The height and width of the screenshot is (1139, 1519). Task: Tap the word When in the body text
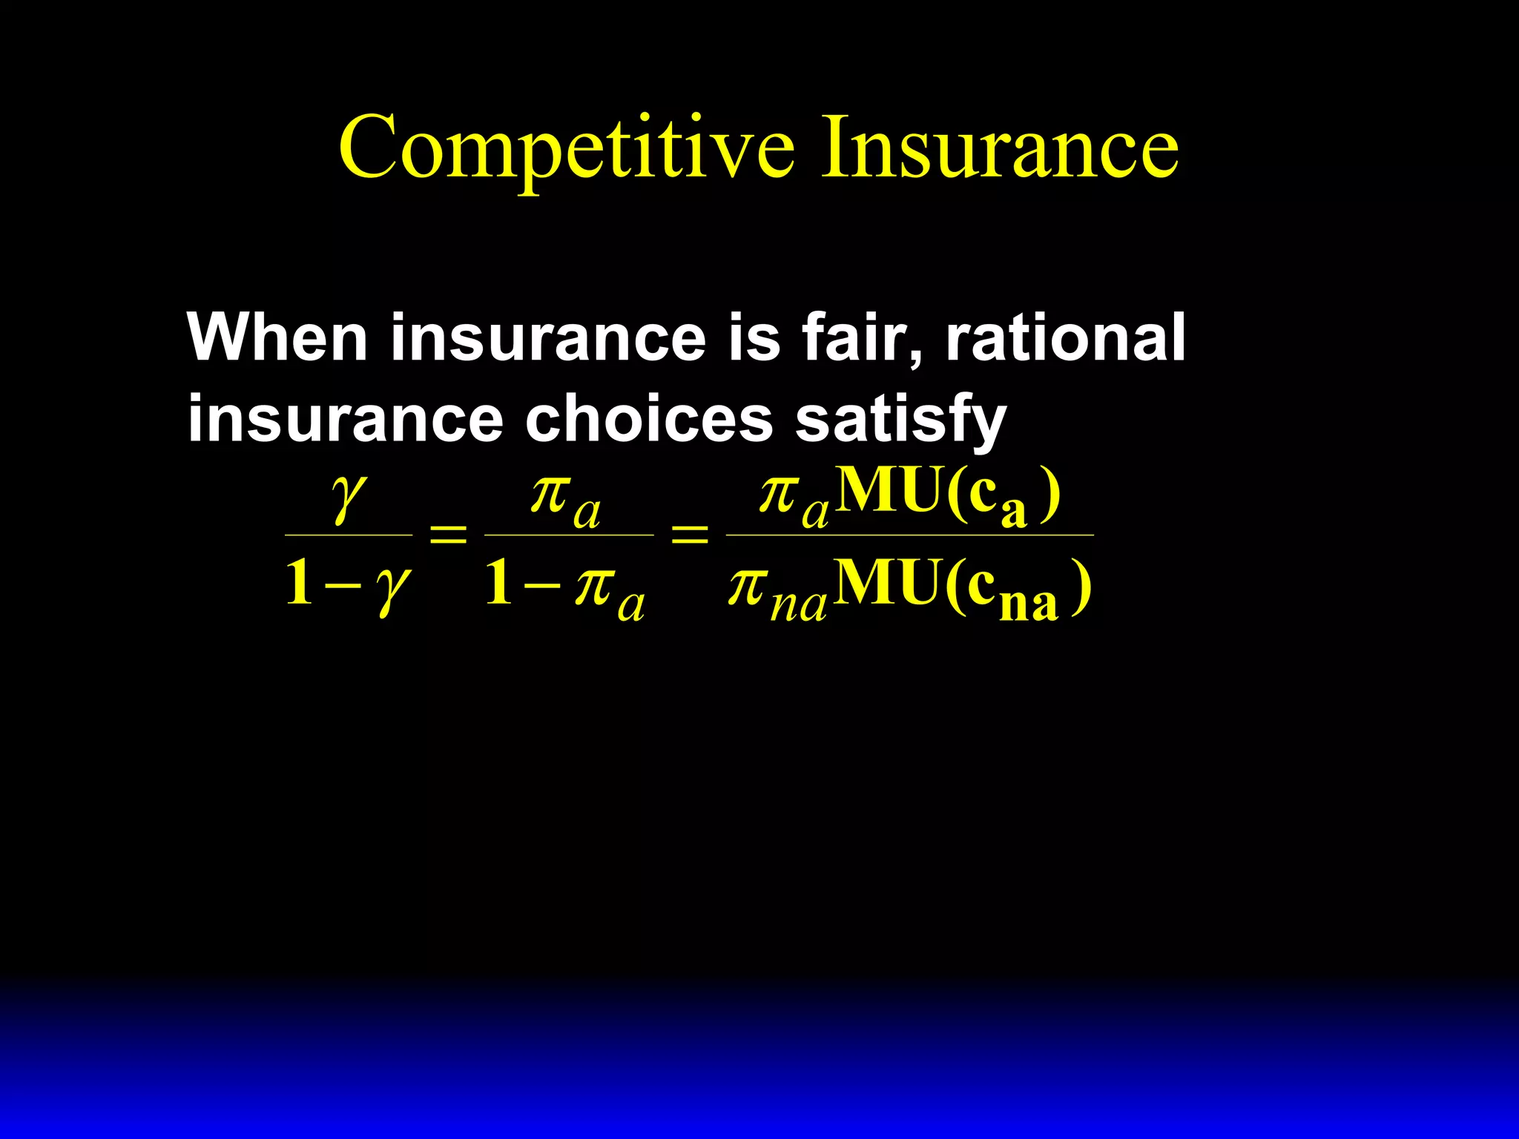[277, 337]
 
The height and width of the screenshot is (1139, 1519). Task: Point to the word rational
[1065, 337]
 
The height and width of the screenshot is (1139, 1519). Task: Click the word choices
[649, 419]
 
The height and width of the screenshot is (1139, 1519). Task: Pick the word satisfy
[900, 420]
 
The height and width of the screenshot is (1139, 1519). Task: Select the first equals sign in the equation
[449, 534]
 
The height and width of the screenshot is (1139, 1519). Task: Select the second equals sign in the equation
[689, 534]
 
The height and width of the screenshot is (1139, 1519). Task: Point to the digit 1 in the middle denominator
[499, 583]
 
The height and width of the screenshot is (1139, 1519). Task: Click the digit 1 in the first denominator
[299, 583]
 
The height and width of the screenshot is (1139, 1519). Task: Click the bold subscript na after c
[1028, 604]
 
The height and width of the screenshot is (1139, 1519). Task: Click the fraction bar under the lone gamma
[349, 535]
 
